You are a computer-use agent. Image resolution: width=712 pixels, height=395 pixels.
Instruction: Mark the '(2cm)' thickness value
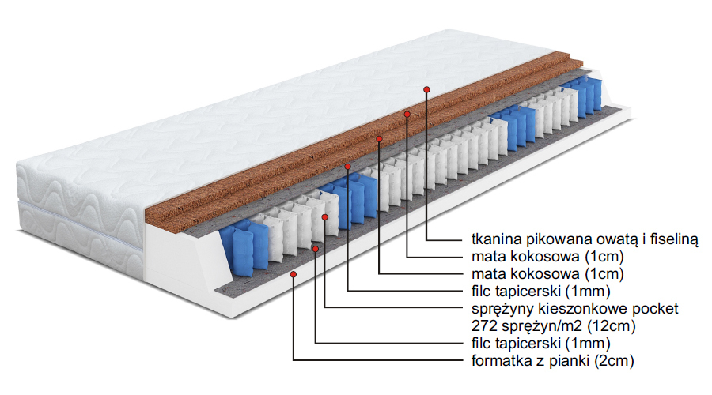coord(614,361)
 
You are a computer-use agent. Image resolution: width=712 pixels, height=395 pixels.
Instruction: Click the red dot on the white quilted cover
coord(427,89)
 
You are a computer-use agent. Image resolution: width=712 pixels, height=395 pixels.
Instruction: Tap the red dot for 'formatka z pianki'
coord(294,274)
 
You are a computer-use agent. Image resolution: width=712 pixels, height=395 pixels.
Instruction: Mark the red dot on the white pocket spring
coord(325,216)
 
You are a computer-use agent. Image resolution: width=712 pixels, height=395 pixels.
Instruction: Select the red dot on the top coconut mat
coord(407,114)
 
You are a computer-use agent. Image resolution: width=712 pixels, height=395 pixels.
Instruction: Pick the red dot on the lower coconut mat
coord(380,140)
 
